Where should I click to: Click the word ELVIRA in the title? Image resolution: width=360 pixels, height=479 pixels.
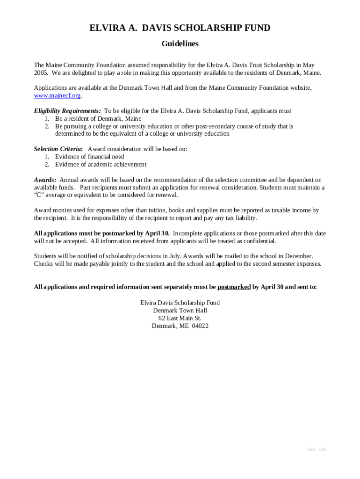coord(106,28)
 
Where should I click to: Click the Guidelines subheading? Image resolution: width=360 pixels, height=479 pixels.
coord(180,44)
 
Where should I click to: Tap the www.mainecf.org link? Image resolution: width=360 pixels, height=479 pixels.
coord(58,95)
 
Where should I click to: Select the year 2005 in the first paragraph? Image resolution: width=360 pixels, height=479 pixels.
coord(41,73)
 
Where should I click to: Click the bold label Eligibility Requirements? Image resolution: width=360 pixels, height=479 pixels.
coord(67,111)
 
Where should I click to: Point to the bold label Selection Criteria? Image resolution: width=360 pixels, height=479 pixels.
coord(58,149)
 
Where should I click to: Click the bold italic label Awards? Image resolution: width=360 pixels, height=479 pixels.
coord(45,180)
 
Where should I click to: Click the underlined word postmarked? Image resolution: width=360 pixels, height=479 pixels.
coord(234,287)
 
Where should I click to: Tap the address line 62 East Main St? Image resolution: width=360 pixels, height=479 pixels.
coord(180,318)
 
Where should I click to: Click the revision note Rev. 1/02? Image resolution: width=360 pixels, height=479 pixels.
coord(317,450)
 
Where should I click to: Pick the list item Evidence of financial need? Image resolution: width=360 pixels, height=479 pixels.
coord(90,157)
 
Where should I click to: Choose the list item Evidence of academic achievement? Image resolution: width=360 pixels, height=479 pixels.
coord(101,164)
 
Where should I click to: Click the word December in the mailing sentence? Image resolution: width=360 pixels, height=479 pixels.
coord(298,256)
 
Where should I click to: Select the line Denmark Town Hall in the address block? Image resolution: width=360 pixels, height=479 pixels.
coord(180,311)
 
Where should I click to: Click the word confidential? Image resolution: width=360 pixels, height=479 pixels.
coord(257,241)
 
